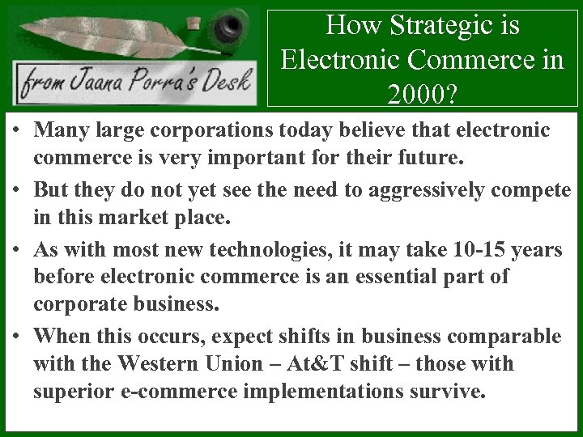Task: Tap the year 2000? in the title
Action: click(x=422, y=95)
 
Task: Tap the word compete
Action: click(x=531, y=190)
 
